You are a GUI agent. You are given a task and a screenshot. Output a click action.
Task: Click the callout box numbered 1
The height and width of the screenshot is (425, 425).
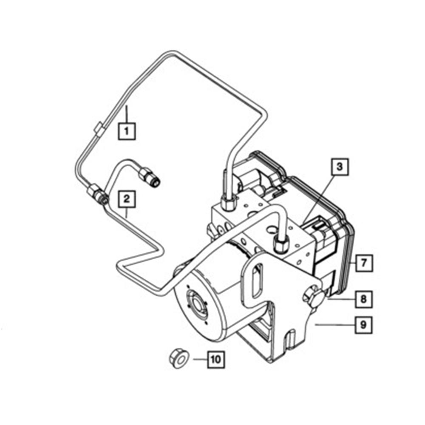click(127, 131)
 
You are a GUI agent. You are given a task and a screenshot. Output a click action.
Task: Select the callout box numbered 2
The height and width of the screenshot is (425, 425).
click(127, 198)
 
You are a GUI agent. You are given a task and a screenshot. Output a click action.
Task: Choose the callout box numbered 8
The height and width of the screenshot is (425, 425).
click(363, 299)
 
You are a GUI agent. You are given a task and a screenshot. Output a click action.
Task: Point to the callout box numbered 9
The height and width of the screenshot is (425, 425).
click(363, 325)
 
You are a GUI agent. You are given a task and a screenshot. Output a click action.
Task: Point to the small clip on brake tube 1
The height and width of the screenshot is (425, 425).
click(97, 128)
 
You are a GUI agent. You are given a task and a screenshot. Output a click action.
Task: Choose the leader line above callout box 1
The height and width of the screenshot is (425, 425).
click(126, 113)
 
